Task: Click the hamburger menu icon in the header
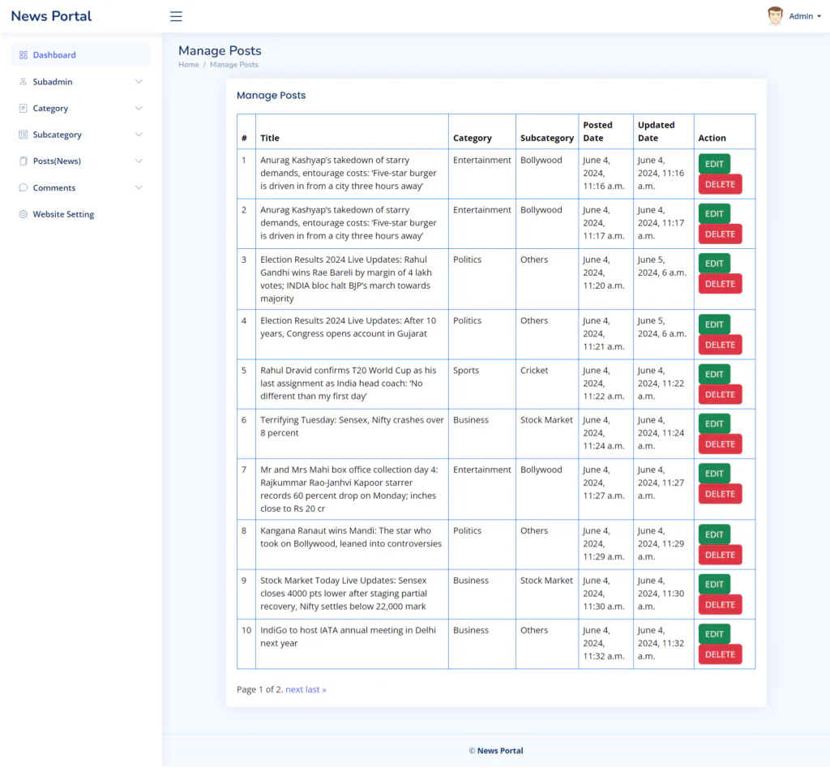(x=176, y=16)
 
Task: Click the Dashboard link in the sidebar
(x=54, y=55)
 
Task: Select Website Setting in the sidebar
(x=63, y=215)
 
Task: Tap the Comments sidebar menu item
(x=54, y=188)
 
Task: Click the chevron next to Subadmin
(x=139, y=82)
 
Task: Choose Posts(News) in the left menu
(x=57, y=161)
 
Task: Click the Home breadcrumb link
(x=188, y=65)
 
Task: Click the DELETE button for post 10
(x=720, y=654)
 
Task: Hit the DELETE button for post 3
(x=720, y=284)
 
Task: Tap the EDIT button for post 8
(x=714, y=534)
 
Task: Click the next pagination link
(x=294, y=689)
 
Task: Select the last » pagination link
(x=316, y=689)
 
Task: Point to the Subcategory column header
(x=547, y=138)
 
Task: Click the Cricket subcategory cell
(x=534, y=371)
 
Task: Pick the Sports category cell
(x=466, y=371)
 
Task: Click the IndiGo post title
(x=348, y=637)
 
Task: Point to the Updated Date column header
(x=656, y=131)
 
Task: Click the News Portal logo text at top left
(x=51, y=16)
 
